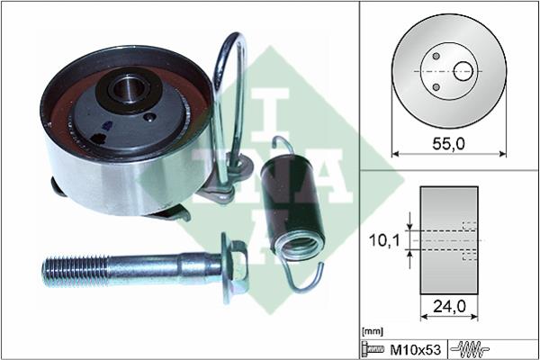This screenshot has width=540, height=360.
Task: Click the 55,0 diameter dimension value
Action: (x=448, y=144)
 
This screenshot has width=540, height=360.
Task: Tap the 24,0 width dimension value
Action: (x=449, y=306)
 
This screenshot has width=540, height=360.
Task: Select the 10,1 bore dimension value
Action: (x=384, y=240)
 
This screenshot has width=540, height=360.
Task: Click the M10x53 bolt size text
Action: (x=415, y=350)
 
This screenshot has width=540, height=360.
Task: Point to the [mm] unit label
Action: (x=373, y=332)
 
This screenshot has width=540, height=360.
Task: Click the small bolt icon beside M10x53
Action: (x=373, y=350)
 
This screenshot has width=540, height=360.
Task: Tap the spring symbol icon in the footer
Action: (x=470, y=350)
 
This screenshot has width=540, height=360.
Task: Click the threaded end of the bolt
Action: (x=75, y=272)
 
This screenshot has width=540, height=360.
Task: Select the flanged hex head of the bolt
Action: (x=235, y=268)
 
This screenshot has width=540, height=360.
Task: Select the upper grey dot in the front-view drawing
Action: (x=436, y=56)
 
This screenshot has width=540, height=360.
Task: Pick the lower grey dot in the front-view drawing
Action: (x=436, y=87)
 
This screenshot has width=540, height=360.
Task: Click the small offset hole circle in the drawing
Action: (x=463, y=71)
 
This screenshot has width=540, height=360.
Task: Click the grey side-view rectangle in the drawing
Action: (x=449, y=240)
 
